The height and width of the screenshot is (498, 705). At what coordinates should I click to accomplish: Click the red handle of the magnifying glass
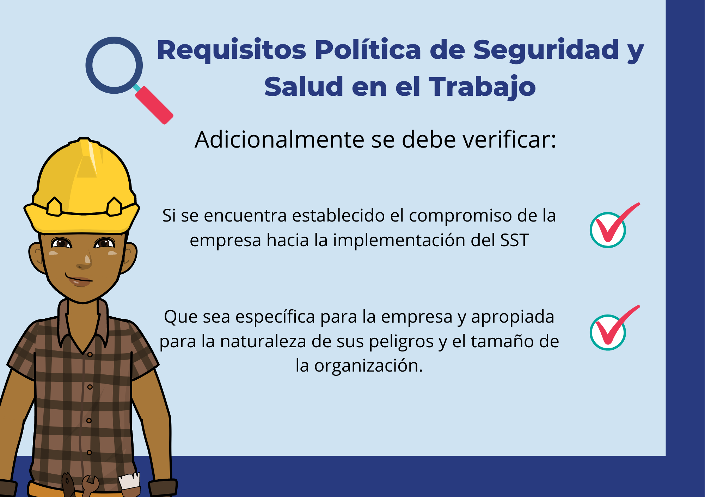[154, 105]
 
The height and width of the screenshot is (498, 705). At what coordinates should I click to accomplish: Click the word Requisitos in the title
[232, 50]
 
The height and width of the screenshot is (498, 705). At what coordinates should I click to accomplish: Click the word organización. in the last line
[368, 366]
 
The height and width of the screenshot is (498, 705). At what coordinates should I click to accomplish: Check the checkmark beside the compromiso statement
[614, 226]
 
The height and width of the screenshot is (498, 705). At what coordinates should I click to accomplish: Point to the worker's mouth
[79, 280]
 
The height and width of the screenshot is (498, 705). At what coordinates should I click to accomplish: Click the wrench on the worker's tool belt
[90, 485]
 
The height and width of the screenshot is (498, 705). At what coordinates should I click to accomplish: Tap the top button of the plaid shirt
[90, 355]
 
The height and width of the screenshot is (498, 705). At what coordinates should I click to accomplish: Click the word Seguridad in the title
[546, 50]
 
